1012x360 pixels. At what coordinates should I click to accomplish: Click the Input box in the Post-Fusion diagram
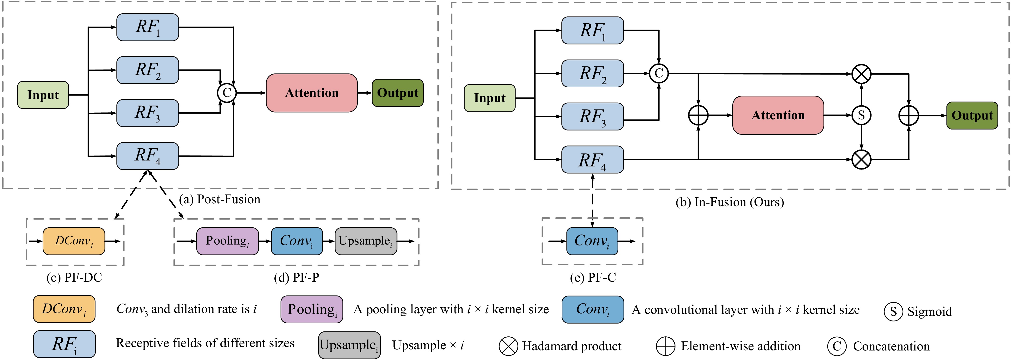pyautogui.click(x=43, y=95)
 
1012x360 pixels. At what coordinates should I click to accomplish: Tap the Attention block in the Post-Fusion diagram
pyautogui.click(x=312, y=93)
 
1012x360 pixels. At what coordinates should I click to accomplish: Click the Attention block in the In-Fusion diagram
pyautogui.click(x=778, y=115)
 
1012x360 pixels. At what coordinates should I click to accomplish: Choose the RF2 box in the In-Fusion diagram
pyautogui.click(x=592, y=74)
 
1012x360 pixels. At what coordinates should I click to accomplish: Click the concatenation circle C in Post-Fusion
pyautogui.click(x=227, y=93)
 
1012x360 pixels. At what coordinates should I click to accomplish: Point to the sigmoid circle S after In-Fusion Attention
pyautogui.click(x=861, y=115)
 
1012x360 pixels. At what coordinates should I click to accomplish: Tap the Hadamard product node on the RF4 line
pyautogui.click(x=861, y=159)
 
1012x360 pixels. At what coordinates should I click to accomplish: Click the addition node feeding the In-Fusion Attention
pyautogui.click(x=698, y=115)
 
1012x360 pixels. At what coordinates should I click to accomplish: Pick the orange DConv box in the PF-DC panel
pyautogui.click(x=74, y=241)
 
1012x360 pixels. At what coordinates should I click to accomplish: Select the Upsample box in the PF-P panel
pyautogui.click(x=365, y=241)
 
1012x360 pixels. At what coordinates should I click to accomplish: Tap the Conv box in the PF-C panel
pyautogui.click(x=592, y=241)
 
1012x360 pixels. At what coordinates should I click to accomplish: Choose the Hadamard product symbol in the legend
pyautogui.click(x=508, y=346)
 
